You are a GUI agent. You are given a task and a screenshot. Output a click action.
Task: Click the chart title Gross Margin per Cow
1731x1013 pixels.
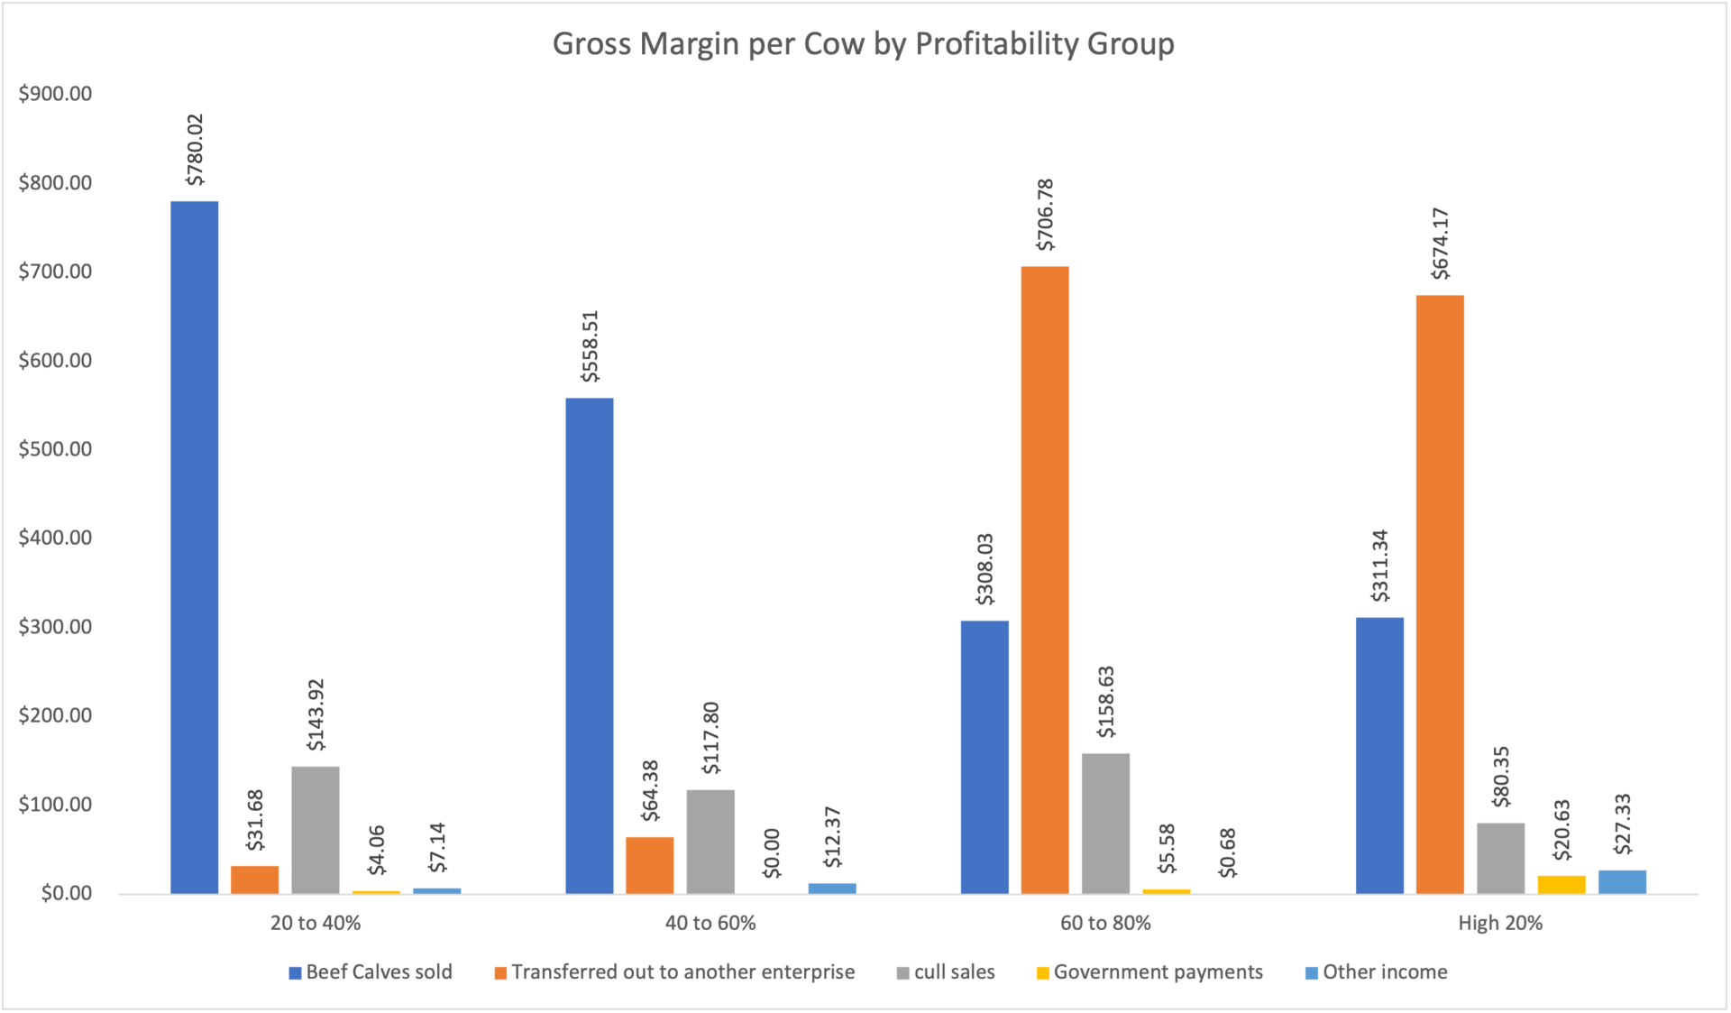pos(863,44)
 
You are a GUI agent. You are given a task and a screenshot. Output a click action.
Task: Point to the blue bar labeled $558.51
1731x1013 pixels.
pos(589,645)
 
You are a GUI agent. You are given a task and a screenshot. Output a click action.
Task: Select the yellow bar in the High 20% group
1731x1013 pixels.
pos(1561,884)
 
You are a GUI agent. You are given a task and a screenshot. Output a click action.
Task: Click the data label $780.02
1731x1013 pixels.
pos(195,150)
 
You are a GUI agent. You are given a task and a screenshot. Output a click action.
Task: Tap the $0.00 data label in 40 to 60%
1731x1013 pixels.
pos(772,853)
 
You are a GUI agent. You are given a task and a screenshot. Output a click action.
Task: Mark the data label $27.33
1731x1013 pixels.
pos(1623,824)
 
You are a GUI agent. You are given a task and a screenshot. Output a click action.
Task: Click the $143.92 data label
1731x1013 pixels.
pos(316,715)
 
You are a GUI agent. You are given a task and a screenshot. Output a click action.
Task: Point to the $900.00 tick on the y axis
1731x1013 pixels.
pos(55,94)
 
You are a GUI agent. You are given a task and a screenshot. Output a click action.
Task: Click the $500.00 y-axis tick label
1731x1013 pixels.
pos(55,449)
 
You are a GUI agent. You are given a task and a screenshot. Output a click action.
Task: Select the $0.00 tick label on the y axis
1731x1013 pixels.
pos(66,893)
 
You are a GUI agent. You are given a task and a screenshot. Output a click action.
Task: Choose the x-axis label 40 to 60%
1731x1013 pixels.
pos(710,923)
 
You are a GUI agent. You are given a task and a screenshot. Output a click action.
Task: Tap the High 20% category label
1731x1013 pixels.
pos(1500,923)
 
